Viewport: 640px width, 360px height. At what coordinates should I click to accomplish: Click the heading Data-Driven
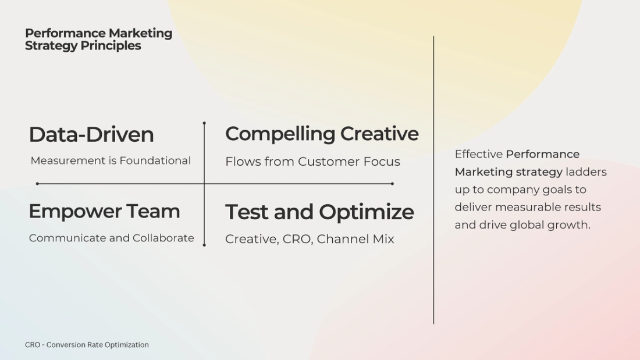(91, 135)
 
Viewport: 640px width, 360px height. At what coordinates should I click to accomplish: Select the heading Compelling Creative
(322, 134)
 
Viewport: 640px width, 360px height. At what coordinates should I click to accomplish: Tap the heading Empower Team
(104, 211)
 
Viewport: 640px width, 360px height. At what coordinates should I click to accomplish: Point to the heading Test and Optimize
(319, 212)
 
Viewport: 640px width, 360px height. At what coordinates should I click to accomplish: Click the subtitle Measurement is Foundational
(111, 161)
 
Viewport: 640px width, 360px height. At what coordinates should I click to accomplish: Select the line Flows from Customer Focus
(312, 162)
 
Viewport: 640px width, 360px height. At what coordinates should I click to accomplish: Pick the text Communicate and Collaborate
(112, 238)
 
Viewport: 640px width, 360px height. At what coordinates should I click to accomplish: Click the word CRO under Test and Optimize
(297, 239)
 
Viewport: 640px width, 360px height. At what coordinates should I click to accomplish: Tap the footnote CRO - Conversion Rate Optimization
(87, 345)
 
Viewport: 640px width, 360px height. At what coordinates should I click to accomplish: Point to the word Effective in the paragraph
(478, 154)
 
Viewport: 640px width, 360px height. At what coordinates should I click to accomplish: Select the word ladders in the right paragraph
(586, 172)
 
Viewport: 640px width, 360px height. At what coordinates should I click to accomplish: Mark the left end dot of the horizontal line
(37, 184)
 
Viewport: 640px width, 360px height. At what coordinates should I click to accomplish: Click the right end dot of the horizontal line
(392, 184)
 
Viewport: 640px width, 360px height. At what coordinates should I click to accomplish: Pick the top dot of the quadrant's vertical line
(204, 123)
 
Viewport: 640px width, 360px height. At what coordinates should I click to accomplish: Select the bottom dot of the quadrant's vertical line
(204, 245)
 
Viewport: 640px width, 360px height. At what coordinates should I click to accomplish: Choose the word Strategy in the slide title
(51, 46)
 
